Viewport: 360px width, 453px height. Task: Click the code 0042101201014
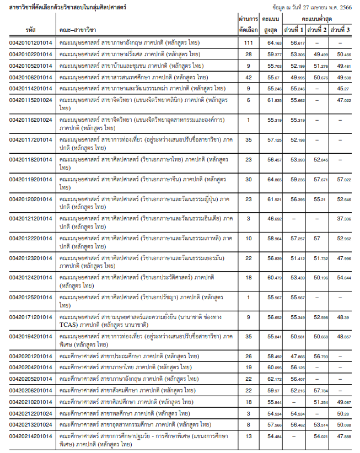tap(31, 42)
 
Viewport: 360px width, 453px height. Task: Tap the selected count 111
tap(249, 42)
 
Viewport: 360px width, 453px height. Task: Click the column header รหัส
tap(30, 29)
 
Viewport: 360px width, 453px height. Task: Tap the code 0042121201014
tap(31, 219)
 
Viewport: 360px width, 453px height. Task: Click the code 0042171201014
tap(31, 317)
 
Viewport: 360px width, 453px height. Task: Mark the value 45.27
tap(343, 88)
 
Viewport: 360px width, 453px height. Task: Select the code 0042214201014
tap(31, 436)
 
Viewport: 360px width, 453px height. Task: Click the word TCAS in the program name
tap(69, 325)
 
